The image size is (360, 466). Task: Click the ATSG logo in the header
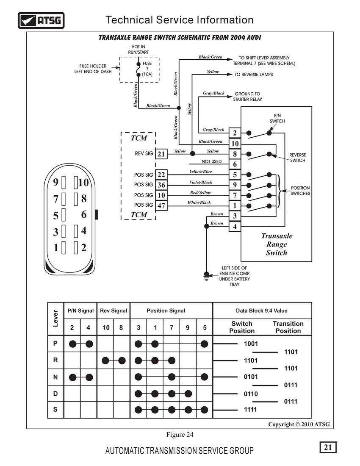click(41, 20)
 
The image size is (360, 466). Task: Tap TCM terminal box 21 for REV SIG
click(161, 154)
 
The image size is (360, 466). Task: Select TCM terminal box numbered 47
click(161, 205)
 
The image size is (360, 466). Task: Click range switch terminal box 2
click(235, 133)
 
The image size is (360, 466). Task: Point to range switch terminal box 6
click(235, 164)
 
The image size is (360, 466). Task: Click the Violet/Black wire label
click(201, 182)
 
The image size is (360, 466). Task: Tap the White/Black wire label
click(199, 202)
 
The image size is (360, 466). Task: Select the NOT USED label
click(211, 161)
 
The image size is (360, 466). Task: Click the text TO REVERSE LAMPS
click(254, 75)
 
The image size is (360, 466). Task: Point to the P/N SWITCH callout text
click(277, 118)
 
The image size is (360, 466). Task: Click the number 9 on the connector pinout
click(55, 182)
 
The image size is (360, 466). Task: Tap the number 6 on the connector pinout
click(84, 215)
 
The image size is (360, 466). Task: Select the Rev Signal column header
click(114, 311)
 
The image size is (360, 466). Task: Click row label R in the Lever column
click(55, 360)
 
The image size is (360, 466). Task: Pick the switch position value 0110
click(251, 394)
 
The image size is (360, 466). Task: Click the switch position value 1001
click(251, 344)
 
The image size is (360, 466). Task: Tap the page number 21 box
click(328, 447)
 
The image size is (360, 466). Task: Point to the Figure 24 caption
click(180, 435)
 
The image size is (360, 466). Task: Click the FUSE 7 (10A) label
click(147, 69)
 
